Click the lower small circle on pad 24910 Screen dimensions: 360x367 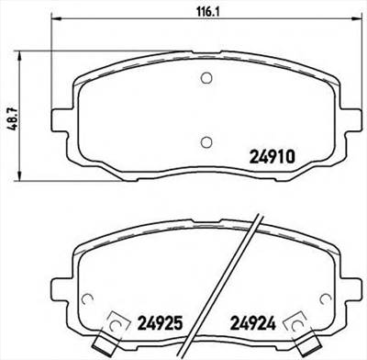206,141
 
